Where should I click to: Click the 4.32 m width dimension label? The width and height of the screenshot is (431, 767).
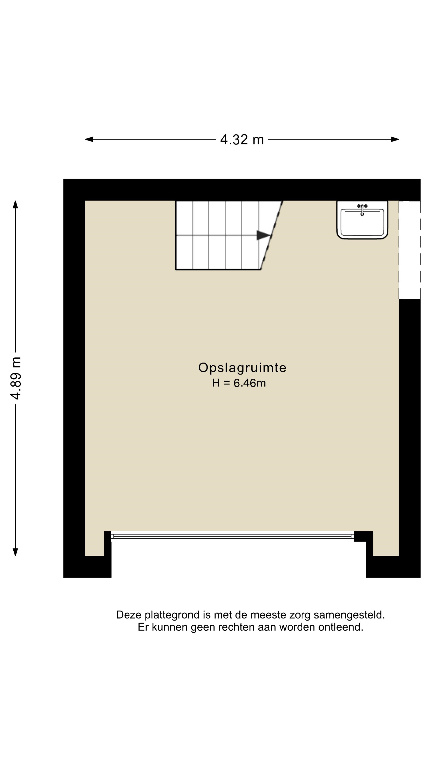coord(242,139)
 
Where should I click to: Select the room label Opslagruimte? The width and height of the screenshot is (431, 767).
coord(242,368)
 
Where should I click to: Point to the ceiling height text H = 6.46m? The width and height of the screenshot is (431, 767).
coord(239,383)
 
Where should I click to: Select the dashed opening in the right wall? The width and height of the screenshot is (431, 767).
coord(410,250)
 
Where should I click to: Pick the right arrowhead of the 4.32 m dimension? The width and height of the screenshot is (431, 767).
coord(395,139)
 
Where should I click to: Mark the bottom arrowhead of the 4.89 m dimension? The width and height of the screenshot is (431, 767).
coord(16,552)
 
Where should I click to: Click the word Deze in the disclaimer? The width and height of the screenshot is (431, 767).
coord(129,615)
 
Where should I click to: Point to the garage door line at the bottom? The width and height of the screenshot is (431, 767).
coord(232,537)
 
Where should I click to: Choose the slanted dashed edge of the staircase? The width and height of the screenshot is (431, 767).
coord(272,235)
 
